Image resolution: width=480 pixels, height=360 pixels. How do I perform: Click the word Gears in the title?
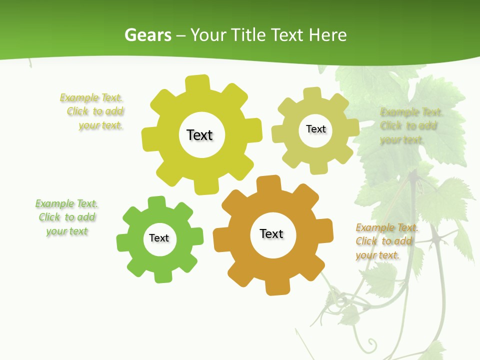(148, 35)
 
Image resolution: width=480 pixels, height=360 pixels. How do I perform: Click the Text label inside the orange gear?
(271, 234)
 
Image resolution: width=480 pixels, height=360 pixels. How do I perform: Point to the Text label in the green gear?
(159, 238)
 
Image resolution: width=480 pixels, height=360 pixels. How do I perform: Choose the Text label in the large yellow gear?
(199, 135)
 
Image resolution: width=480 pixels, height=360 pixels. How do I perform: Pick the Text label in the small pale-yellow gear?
(315, 129)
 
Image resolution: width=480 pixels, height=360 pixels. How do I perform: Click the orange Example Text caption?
(386, 241)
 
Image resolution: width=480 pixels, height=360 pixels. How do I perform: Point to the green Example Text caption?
(66, 217)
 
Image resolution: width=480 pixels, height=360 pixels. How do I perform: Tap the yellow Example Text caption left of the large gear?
(92, 111)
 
